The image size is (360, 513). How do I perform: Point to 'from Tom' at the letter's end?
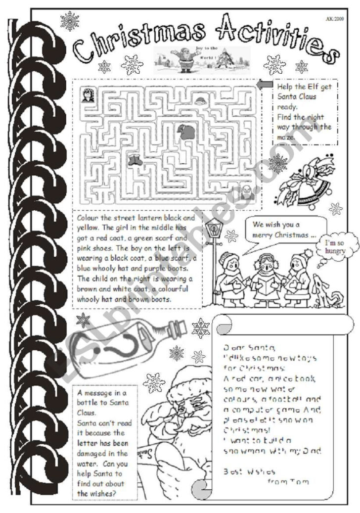tap(287, 481)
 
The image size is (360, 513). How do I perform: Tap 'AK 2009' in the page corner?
tap(334, 19)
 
